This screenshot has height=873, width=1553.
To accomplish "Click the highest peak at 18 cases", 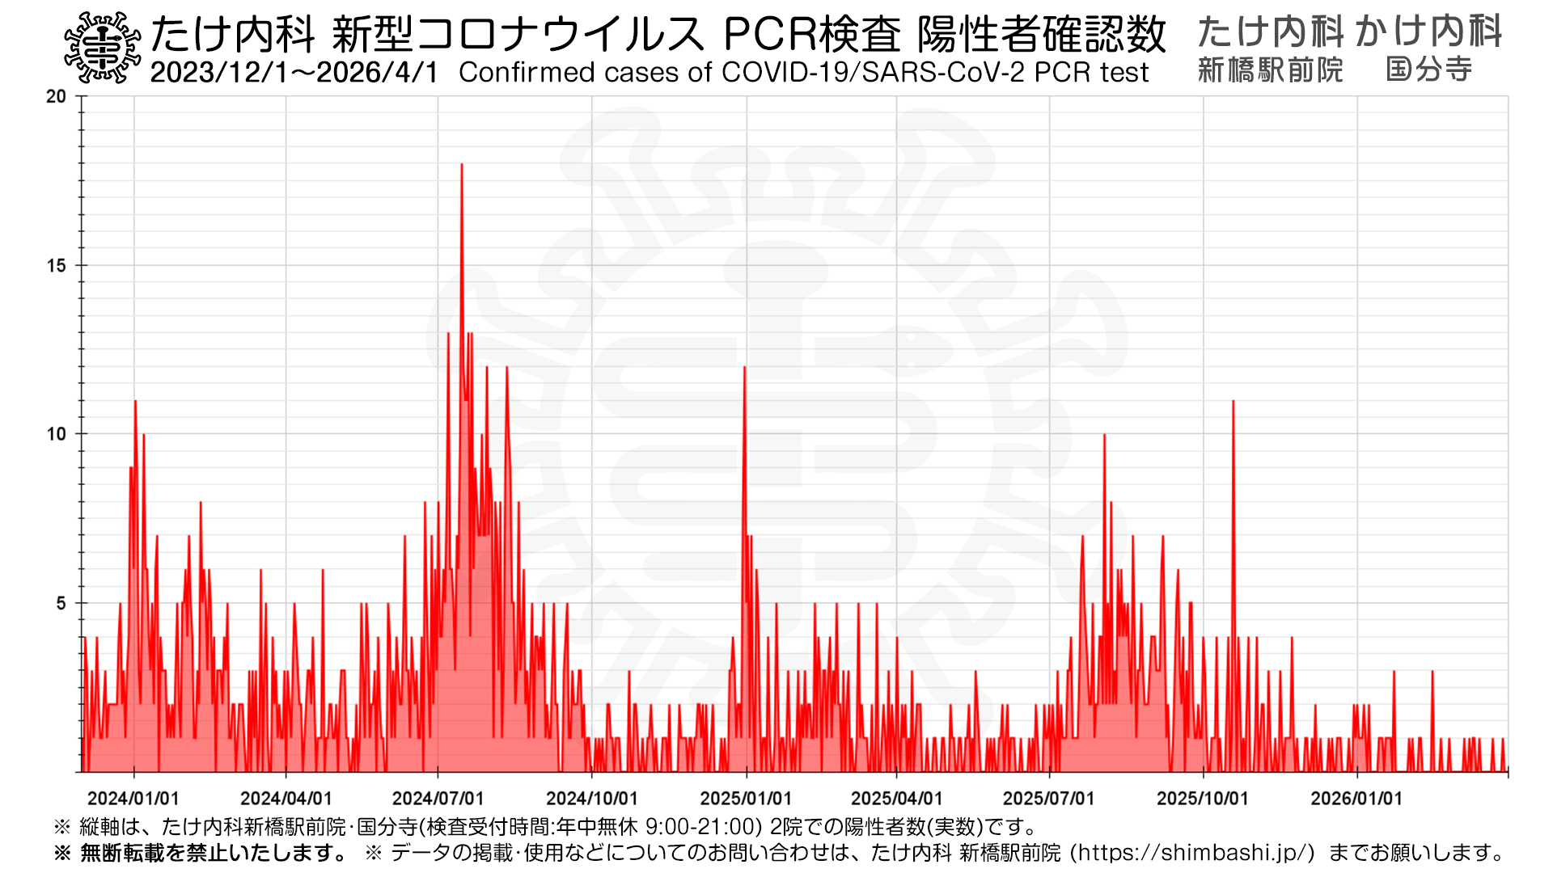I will coord(461,166).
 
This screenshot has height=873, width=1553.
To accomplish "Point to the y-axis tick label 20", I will coord(56,96).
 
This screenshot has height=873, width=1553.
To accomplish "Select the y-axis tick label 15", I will coord(56,265).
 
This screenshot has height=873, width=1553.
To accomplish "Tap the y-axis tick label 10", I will coord(56,434).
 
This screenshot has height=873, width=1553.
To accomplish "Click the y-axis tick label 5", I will coord(61,603).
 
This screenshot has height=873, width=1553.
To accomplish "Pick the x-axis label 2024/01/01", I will coord(133,799).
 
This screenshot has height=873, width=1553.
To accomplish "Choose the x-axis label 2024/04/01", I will coord(286,799).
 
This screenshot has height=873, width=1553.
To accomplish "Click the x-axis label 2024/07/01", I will coord(438,799).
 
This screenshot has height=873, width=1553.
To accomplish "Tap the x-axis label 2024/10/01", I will coord(592,799).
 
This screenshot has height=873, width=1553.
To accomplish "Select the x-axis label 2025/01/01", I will coord(746,799).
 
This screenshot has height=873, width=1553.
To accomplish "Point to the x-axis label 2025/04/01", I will coord(896,799).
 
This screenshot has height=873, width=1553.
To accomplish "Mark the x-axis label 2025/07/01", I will coord(1049,799).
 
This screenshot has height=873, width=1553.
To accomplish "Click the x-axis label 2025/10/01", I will coord(1203,799).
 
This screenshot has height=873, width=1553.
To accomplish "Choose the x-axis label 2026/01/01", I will coord(1356,799).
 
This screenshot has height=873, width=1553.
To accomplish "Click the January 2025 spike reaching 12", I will coord(745,369).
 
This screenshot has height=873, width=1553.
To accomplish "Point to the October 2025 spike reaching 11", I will coord(1233,403).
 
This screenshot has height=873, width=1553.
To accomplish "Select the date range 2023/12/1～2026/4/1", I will coord(294,73).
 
